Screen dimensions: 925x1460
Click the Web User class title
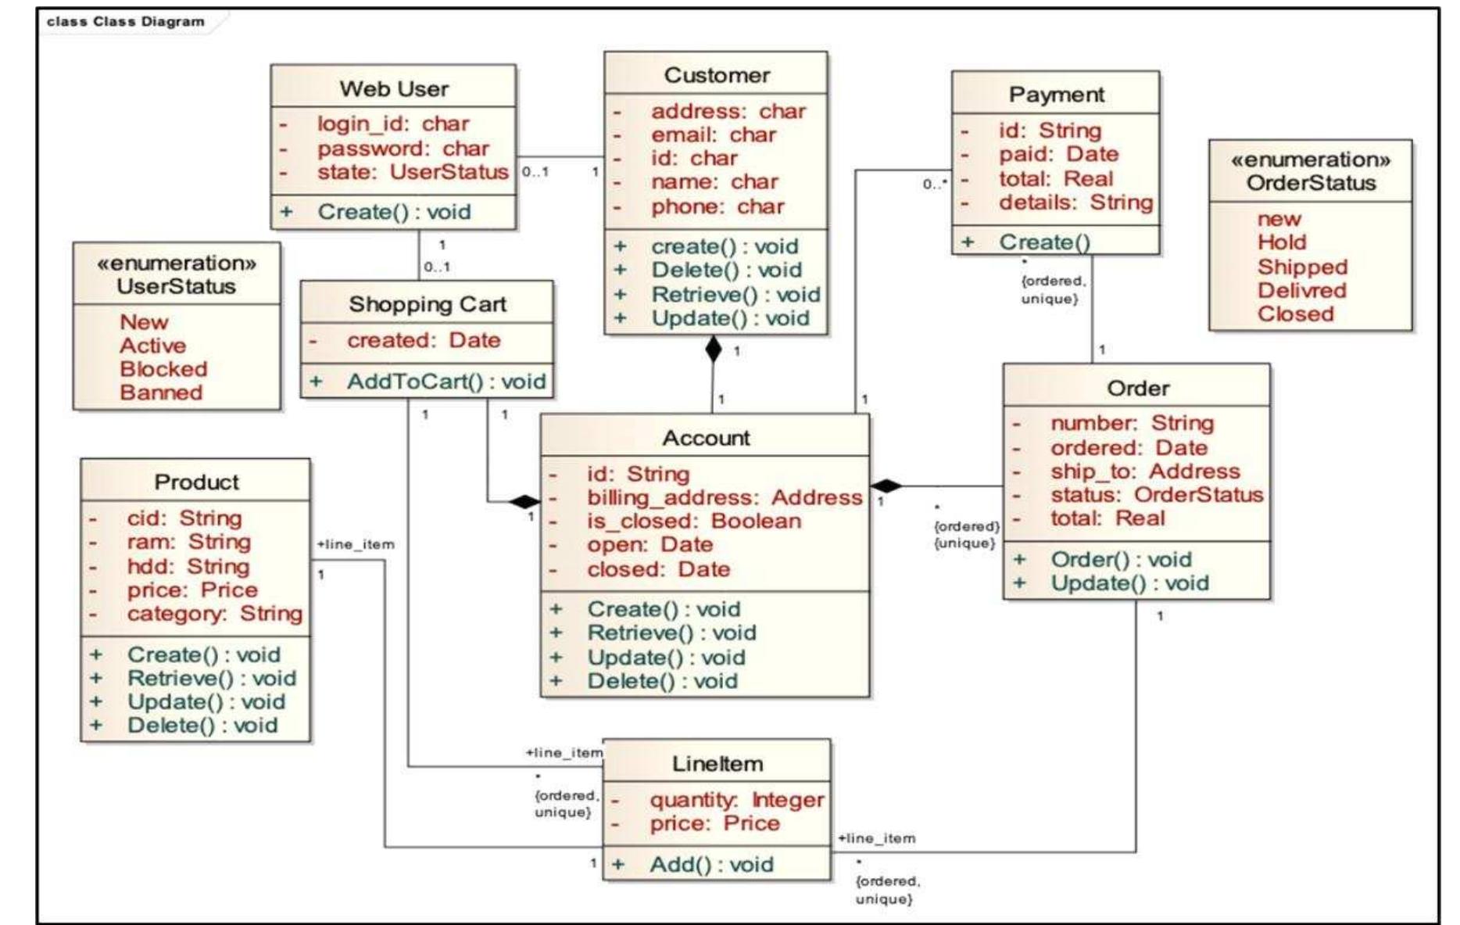(x=393, y=88)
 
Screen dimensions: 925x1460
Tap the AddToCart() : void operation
(x=446, y=382)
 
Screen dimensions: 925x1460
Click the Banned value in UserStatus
(x=161, y=393)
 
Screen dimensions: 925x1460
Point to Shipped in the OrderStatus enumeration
(x=1302, y=267)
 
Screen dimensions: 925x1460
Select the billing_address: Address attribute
(x=724, y=498)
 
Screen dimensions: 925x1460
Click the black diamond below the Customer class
(x=713, y=350)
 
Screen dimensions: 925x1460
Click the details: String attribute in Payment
(x=1075, y=203)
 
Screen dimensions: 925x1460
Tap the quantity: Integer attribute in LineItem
(x=736, y=800)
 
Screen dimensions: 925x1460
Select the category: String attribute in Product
(x=214, y=614)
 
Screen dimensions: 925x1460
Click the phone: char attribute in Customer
(x=717, y=206)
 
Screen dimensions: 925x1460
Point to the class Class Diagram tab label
(x=125, y=21)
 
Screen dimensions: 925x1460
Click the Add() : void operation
(x=711, y=865)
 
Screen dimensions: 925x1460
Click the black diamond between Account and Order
(x=886, y=486)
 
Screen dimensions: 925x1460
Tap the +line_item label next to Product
(x=356, y=544)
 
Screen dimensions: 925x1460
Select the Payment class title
(x=1056, y=95)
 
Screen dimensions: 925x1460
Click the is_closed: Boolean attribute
(x=693, y=522)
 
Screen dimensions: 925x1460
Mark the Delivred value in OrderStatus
(x=1301, y=290)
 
